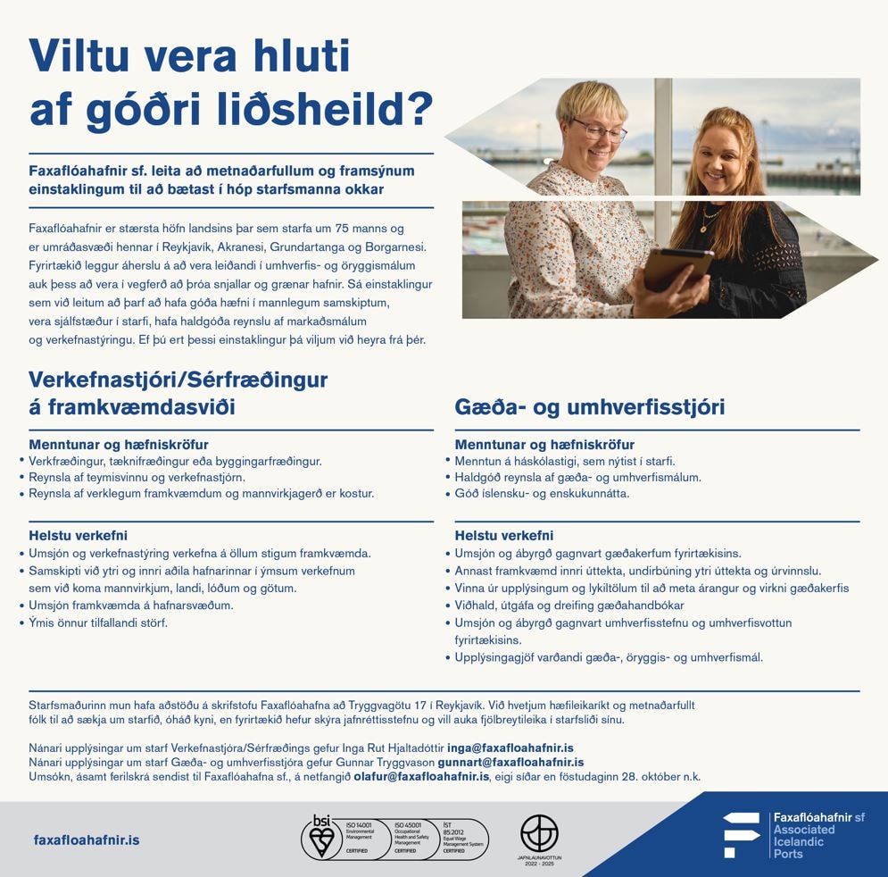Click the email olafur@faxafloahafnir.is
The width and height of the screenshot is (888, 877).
[421, 778]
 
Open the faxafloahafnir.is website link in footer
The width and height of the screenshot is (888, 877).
[86, 840]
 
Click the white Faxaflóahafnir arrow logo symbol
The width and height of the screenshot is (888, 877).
[740, 836]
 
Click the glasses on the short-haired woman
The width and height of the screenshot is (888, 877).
[599, 130]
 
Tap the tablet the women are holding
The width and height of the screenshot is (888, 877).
[677, 270]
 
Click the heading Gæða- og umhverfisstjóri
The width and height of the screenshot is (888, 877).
[589, 407]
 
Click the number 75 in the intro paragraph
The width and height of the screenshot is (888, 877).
[337, 229]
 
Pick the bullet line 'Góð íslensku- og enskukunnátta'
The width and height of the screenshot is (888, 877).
[543, 493]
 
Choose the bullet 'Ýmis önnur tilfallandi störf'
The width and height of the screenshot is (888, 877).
[98, 622]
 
